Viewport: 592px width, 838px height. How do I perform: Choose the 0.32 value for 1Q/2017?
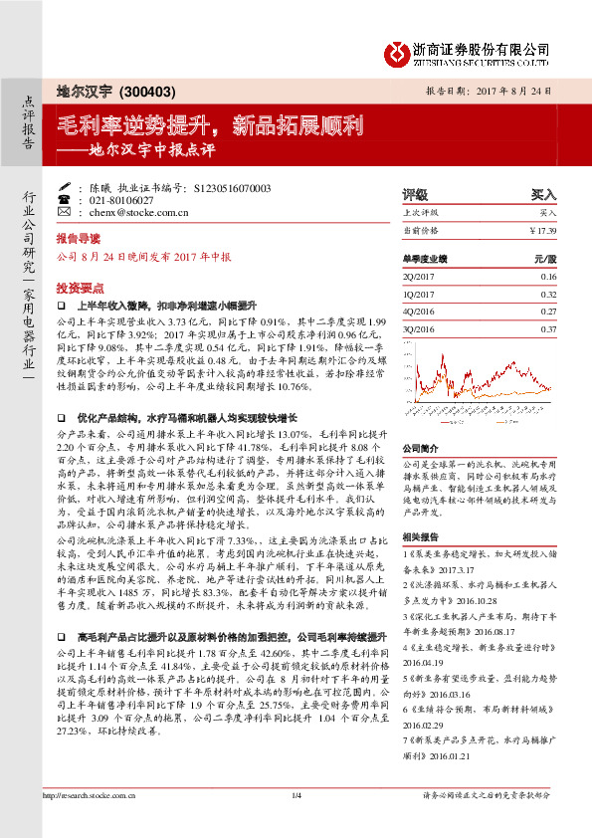tap(548, 295)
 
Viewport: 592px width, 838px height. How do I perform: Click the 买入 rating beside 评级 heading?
tap(544, 195)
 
